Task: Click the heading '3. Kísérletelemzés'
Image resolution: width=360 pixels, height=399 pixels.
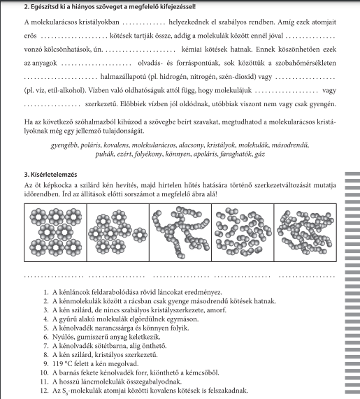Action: [50, 175]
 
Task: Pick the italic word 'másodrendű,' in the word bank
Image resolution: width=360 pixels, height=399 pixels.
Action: [290, 145]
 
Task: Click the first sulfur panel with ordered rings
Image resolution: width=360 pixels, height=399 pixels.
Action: [55, 232]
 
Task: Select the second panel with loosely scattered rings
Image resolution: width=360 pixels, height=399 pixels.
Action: [118, 232]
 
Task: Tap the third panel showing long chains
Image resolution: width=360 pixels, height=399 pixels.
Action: [180, 232]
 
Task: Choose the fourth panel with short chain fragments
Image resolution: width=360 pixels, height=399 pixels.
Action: [243, 232]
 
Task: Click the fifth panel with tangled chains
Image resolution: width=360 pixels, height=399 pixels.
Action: [305, 232]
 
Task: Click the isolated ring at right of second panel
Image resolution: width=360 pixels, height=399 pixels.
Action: [140, 235]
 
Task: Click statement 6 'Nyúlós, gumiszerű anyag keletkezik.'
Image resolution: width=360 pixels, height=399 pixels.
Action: [102, 337]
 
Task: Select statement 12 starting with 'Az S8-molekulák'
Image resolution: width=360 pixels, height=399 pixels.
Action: [144, 391]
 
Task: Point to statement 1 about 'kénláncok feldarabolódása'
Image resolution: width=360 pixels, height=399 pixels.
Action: [133, 292]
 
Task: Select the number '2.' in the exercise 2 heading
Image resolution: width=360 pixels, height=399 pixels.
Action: [27, 7]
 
